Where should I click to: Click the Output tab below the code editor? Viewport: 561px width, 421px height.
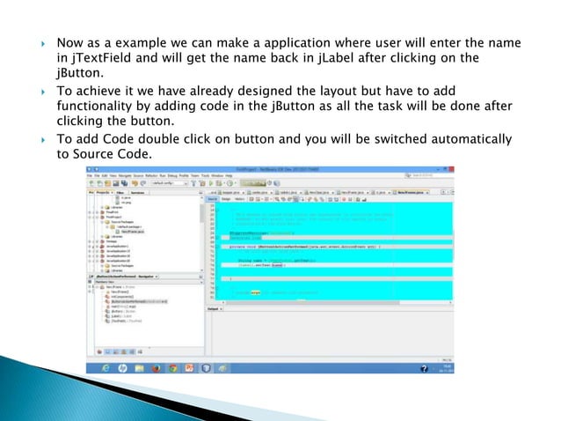pyautogui.click(x=213, y=309)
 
